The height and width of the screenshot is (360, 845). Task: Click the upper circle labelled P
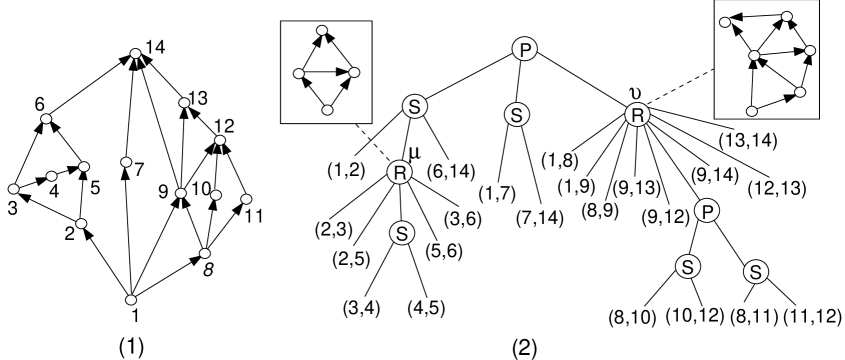(524, 49)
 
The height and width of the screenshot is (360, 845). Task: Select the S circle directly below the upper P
(516, 115)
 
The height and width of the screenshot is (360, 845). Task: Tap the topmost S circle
(414, 106)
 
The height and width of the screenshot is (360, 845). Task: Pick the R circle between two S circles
(399, 172)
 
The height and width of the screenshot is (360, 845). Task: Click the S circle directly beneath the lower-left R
(401, 233)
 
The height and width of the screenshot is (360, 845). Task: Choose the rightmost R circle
(637, 115)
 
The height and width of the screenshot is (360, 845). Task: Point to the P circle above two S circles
(707, 211)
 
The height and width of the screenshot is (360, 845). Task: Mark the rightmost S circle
(756, 271)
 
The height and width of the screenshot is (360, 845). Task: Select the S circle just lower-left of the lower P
(687, 267)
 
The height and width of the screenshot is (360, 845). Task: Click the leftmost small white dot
(14, 189)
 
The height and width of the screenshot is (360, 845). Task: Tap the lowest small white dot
(131, 300)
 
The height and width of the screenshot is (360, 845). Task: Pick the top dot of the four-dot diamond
(322, 31)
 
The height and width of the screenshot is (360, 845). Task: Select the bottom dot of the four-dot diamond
(327, 110)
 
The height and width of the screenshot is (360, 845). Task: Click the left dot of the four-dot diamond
(299, 74)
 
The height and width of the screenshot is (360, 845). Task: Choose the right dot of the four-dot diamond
(354, 73)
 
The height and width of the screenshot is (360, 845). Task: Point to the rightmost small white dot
(810, 51)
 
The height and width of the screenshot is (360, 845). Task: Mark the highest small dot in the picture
(787, 17)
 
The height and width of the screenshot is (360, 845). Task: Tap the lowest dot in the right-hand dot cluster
(752, 111)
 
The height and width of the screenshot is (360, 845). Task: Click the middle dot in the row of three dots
(216, 195)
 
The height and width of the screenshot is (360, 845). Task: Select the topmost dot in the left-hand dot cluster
(136, 54)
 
